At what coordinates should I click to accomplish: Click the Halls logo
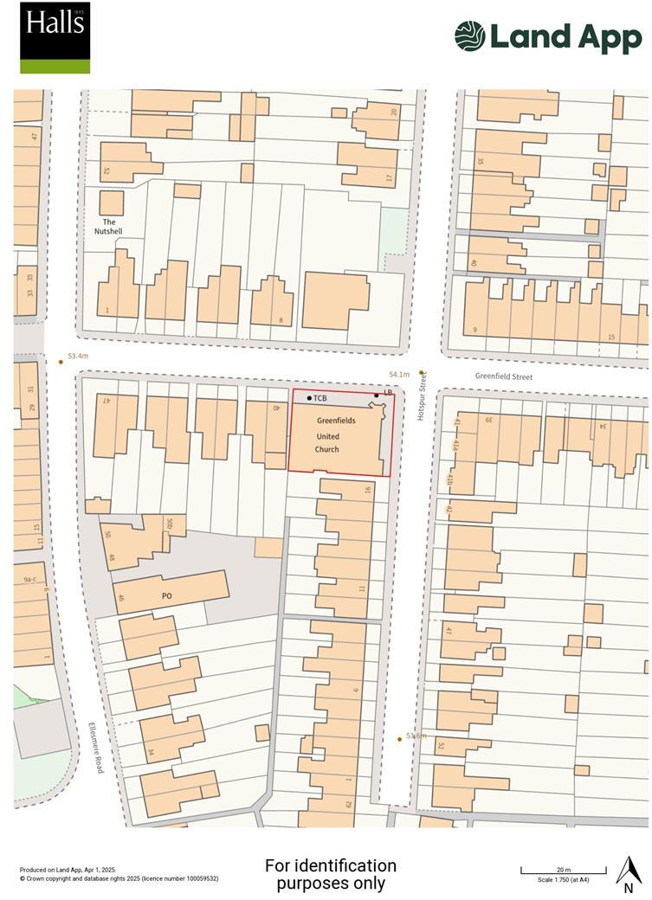point(55,37)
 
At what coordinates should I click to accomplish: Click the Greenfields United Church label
point(327,435)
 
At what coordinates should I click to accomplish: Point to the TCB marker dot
point(309,398)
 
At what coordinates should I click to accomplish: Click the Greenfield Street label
point(504,376)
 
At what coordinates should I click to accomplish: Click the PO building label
point(167,596)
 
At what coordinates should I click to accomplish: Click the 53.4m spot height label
point(78,357)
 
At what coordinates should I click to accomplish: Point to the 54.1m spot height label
point(399,375)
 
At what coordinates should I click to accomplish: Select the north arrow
point(629,875)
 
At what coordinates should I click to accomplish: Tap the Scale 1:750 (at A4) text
point(563,880)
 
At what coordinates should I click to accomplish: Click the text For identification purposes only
point(330,874)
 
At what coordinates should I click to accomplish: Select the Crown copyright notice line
point(119,878)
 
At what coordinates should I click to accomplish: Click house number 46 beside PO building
point(121,598)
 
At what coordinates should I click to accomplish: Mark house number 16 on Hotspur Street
point(367,490)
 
